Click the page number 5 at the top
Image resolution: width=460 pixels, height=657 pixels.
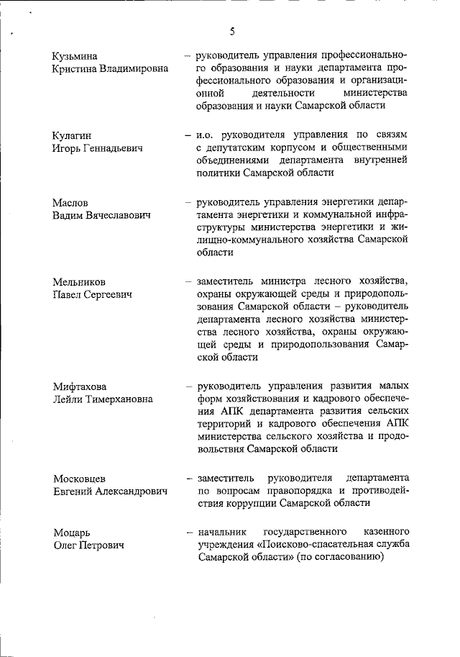(232, 31)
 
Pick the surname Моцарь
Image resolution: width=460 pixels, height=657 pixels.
(71, 533)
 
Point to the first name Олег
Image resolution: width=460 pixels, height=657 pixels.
(65, 545)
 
